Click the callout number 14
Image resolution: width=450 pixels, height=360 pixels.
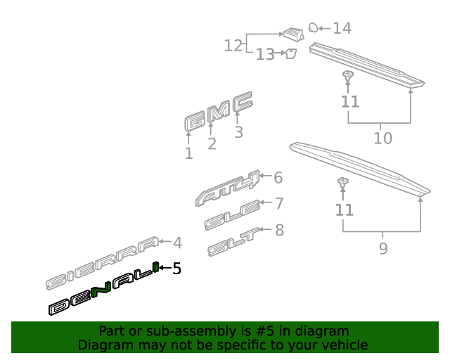click(342, 28)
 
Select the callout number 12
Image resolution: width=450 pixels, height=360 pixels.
click(233, 46)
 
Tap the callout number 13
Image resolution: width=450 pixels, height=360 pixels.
click(265, 54)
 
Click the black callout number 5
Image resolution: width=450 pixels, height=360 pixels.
click(176, 269)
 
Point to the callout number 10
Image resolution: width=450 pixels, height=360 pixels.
click(382, 139)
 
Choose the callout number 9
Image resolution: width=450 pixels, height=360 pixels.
click(383, 249)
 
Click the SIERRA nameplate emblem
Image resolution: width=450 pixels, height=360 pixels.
click(103, 263)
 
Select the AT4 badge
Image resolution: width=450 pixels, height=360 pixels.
click(227, 188)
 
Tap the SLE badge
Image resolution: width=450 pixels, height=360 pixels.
click(232, 214)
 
